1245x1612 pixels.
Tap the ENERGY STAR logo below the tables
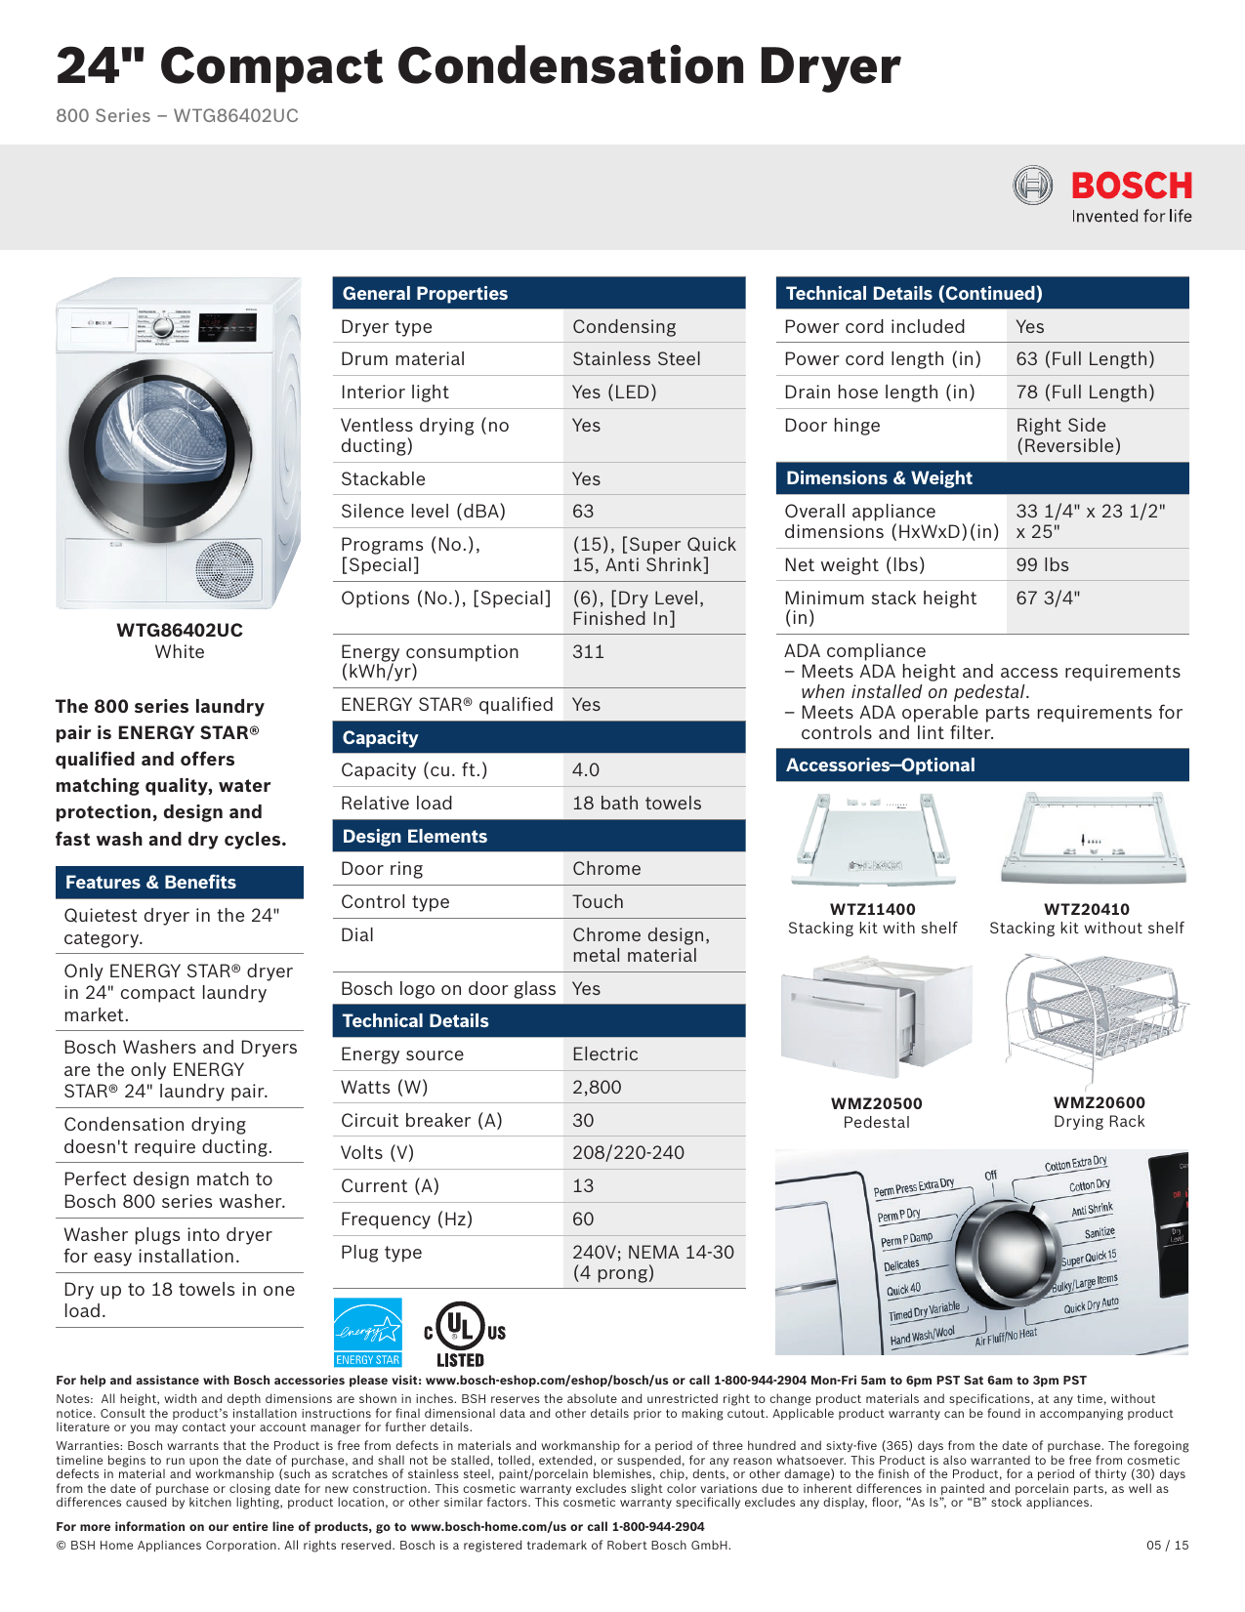pyautogui.click(x=367, y=1332)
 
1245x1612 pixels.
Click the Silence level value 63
pyautogui.click(x=583, y=512)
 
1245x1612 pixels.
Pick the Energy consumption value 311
pyautogui.click(x=588, y=651)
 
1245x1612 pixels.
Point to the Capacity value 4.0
pyautogui.click(x=586, y=770)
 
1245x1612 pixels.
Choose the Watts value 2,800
pyautogui.click(x=597, y=1088)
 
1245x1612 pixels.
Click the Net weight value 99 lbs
pyautogui.click(x=1042, y=565)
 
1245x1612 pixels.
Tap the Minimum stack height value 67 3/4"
pyautogui.click(x=1048, y=598)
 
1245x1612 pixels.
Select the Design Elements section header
pyautogui.click(x=415, y=837)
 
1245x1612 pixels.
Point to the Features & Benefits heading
pyautogui.click(x=150, y=883)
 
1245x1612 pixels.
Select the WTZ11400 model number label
pyautogui.click(x=872, y=910)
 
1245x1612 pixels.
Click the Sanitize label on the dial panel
pyautogui.click(x=1099, y=1233)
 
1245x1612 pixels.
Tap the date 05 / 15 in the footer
pyautogui.click(x=1167, y=1546)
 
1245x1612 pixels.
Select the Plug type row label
pyautogui.click(x=381, y=1253)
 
